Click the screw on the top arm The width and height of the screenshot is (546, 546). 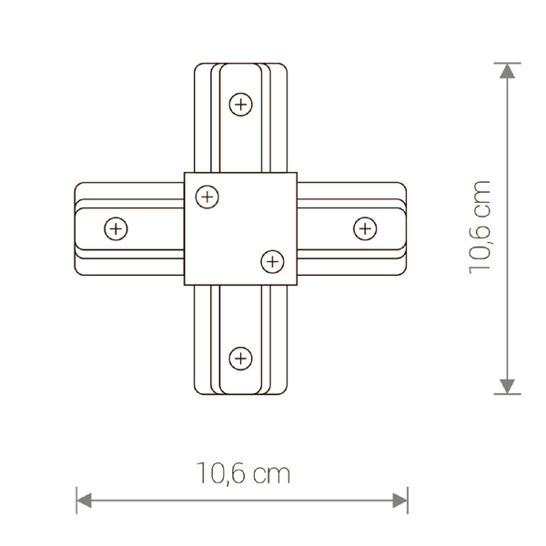[x=240, y=105]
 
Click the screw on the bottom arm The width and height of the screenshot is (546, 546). [x=240, y=359]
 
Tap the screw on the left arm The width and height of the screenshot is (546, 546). [x=116, y=228]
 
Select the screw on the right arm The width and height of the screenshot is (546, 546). [x=365, y=228]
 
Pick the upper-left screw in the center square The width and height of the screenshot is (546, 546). [x=207, y=197]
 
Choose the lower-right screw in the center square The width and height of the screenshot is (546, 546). [x=272, y=261]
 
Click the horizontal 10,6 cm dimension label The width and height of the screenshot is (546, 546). [x=243, y=473]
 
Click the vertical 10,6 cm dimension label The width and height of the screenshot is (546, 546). [x=480, y=227]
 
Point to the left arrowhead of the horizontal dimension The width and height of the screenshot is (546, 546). [x=84, y=500]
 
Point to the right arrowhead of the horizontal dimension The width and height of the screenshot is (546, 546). [x=399, y=500]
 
